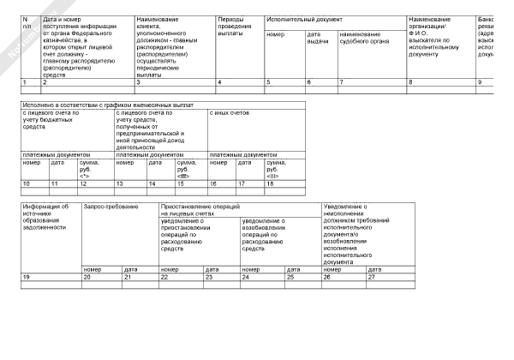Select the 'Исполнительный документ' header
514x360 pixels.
pyautogui.click(x=305, y=18)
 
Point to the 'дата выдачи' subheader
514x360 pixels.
pyautogui.click(x=319, y=37)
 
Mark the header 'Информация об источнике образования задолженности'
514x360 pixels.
pyautogui.click(x=46, y=217)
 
